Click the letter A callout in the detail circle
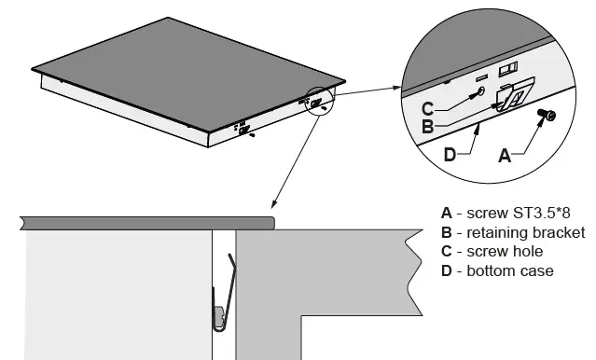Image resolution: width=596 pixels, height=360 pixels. (505, 157)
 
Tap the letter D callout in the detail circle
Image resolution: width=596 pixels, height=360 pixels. (449, 155)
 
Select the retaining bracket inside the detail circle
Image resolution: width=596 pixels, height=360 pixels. (512, 96)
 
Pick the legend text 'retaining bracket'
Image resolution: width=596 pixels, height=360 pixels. (526, 232)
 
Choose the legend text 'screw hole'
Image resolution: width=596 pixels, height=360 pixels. (504, 251)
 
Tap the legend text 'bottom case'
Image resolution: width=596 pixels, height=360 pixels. (509, 270)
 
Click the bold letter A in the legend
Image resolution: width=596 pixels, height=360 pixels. (447, 214)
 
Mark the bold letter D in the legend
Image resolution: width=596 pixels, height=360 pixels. (447, 270)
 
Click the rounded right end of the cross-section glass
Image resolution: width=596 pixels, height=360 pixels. (273, 222)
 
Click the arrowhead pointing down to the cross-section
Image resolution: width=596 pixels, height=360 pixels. (271, 205)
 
